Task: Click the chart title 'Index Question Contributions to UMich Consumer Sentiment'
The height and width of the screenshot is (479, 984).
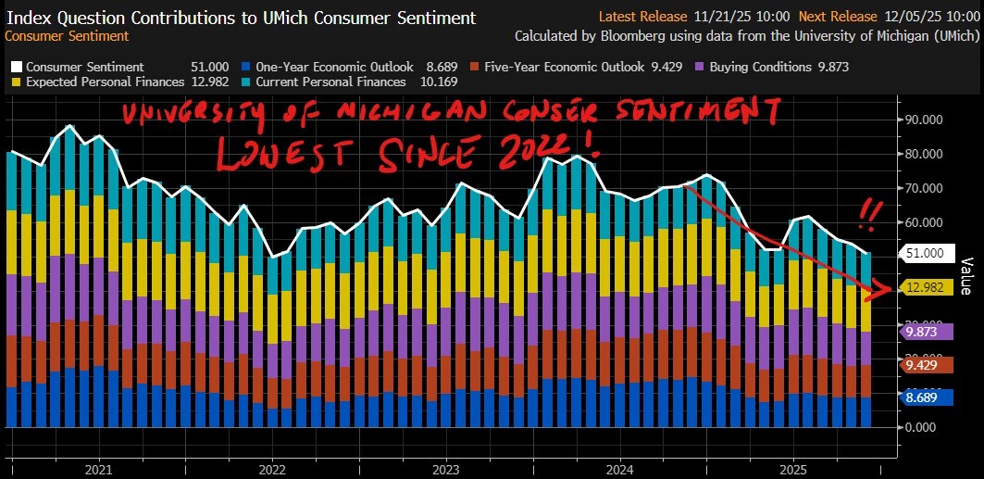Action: [x=242, y=18]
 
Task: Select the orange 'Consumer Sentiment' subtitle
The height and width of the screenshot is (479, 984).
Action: [x=68, y=36]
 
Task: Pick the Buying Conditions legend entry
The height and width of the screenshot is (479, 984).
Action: [x=770, y=67]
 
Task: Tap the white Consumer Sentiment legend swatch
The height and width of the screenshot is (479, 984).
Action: [x=16, y=67]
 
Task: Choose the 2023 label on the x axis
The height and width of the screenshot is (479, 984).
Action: [x=446, y=470]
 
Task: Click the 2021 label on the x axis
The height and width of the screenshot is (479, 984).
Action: [x=98, y=470]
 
